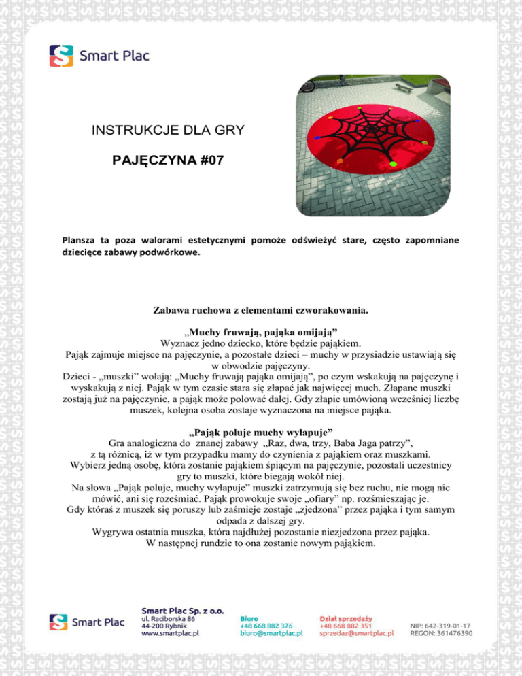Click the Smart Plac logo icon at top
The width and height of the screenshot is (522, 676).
coord(60,56)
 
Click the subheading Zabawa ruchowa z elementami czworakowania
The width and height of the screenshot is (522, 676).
coord(261,311)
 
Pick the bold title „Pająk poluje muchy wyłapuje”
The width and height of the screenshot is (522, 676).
coord(261,430)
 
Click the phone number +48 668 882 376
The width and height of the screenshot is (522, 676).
coord(266,624)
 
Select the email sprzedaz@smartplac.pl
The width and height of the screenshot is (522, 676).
coord(357,633)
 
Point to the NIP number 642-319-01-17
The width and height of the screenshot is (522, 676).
coord(441,624)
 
